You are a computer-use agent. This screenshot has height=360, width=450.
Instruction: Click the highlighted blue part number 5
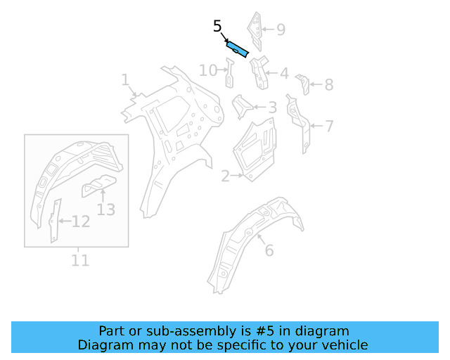click(x=237, y=49)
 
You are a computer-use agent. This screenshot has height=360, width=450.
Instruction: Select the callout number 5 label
click(x=218, y=27)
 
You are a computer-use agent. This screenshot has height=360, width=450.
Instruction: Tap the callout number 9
click(x=281, y=30)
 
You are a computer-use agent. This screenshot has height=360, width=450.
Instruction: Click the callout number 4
click(x=283, y=73)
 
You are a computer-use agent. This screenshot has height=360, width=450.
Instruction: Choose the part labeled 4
click(x=258, y=72)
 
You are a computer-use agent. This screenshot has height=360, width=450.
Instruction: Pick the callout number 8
click(x=328, y=85)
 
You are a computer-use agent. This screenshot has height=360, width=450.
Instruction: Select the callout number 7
click(x=328, y=127)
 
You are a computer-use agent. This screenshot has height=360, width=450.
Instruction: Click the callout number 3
click(x=272, y=108)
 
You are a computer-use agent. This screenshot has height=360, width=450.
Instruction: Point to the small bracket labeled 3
click(x=242, y=107)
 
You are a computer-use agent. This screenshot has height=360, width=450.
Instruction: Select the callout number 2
click(x=225, y=176)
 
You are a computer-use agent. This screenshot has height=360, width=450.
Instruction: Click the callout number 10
click(x=208, y=70)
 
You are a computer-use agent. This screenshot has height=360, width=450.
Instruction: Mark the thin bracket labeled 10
click(x=229, y=73)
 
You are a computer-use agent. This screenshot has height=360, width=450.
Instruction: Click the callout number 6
click(x=269, y=250)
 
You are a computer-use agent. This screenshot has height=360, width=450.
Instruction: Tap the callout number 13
click(x=105, y=209)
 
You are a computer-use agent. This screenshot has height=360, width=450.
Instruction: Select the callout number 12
click(x=81, y=222)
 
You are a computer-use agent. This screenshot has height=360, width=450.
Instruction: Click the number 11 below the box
click(x=80, y=260)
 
